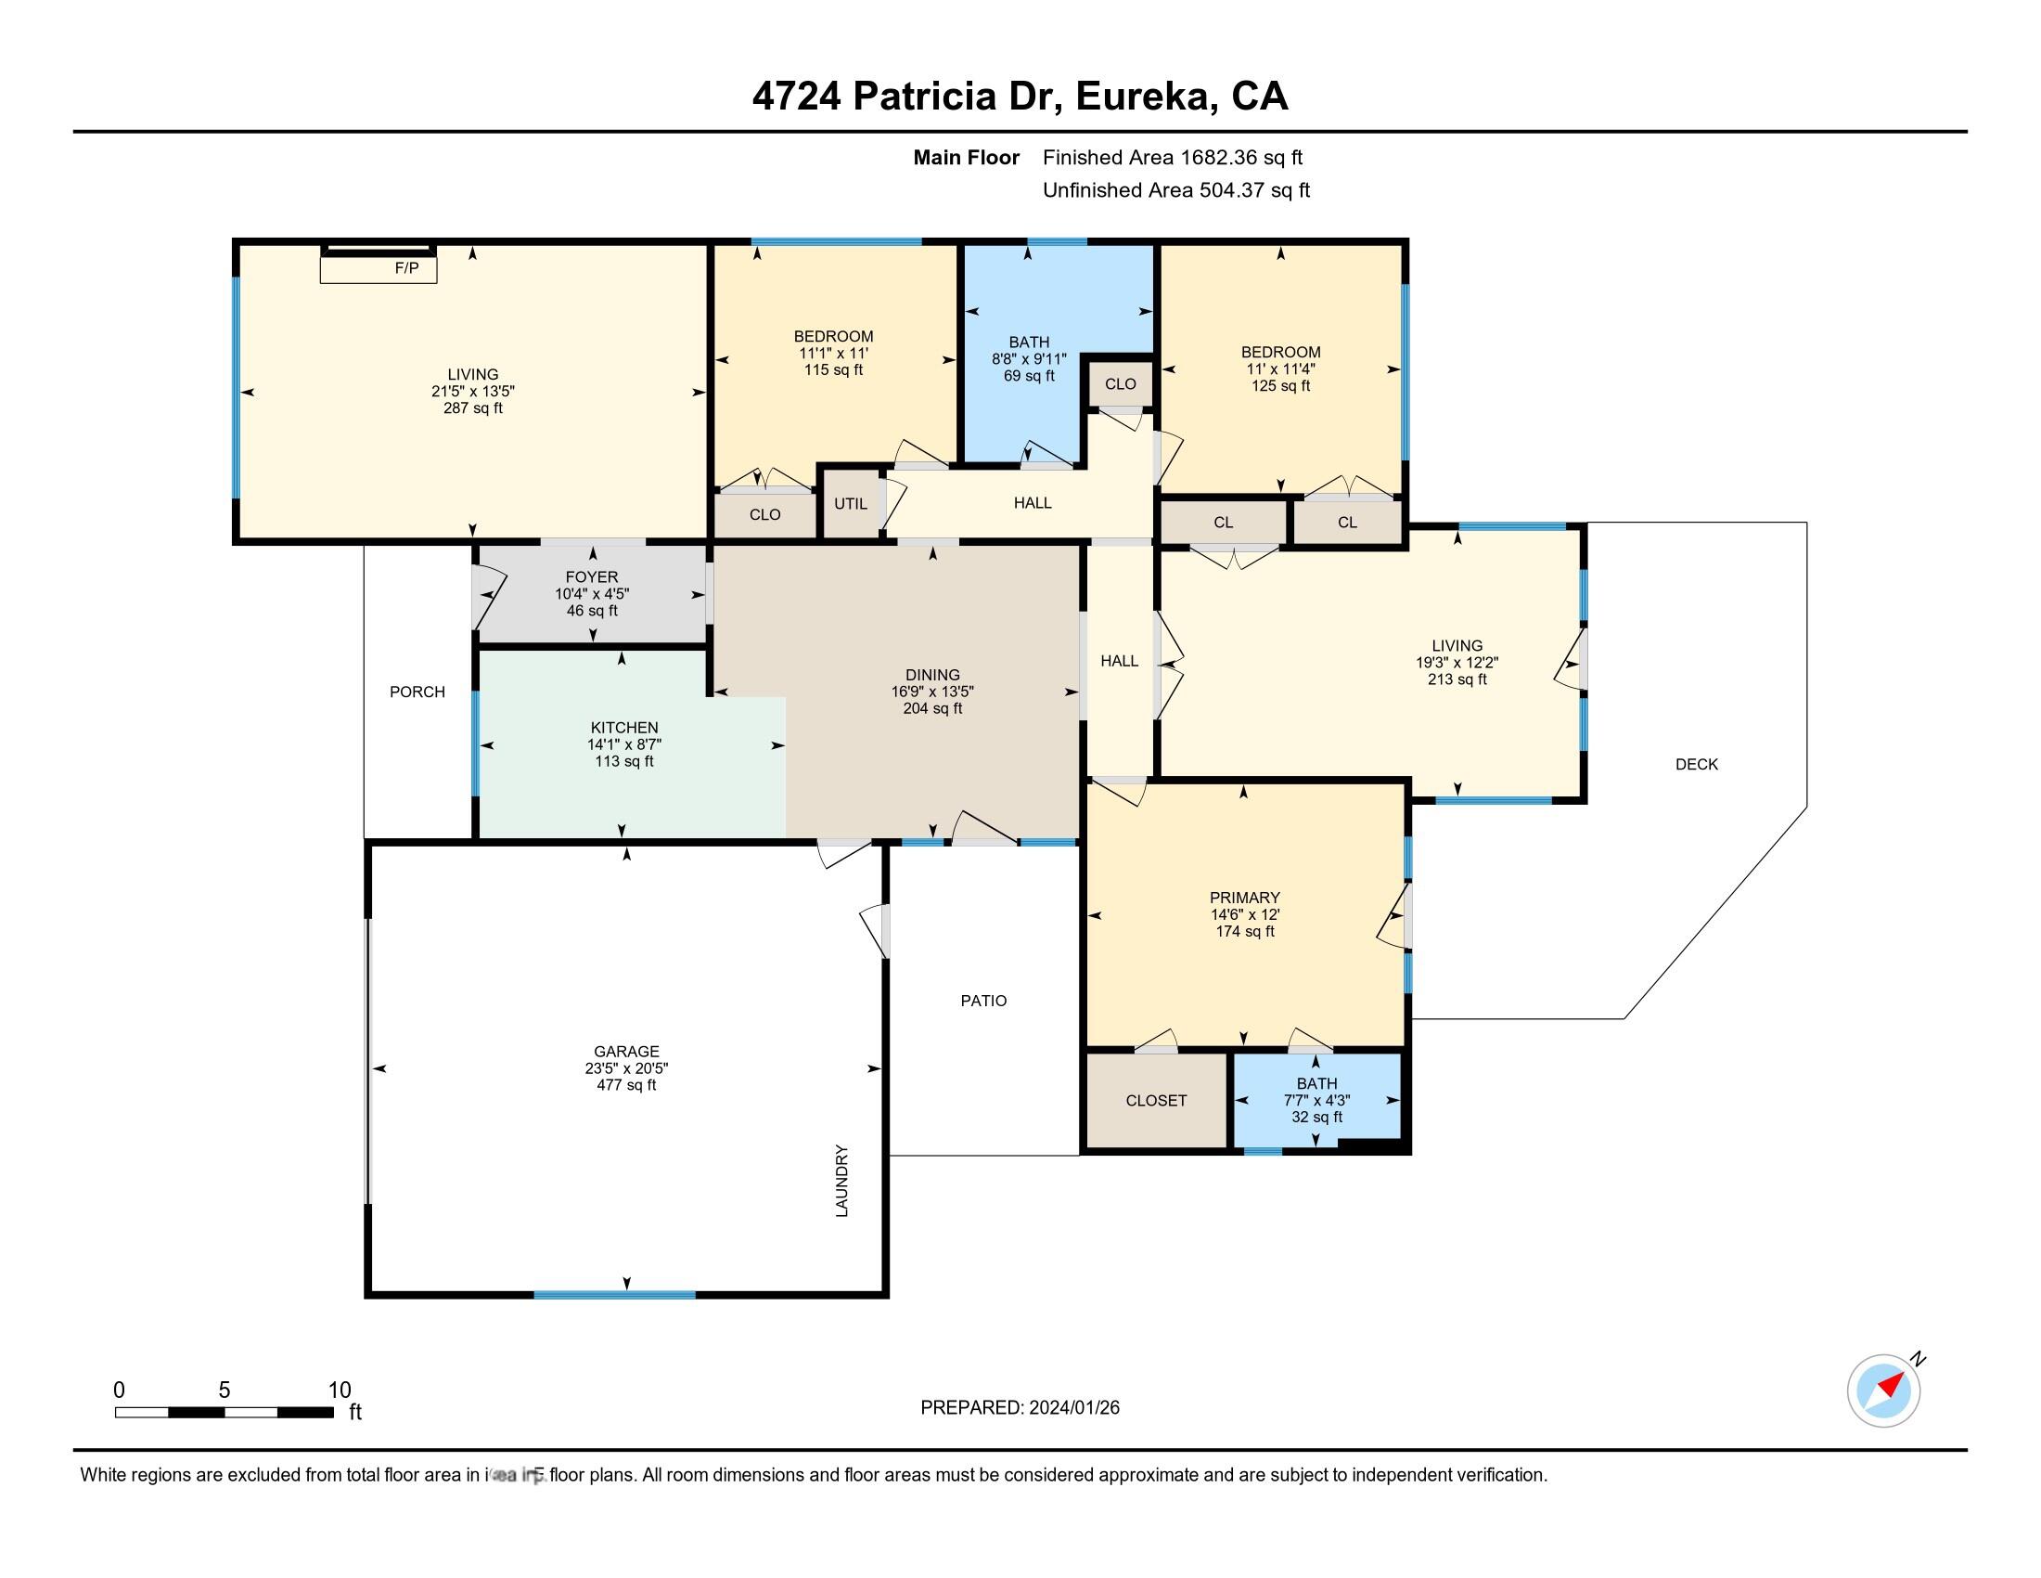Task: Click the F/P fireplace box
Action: point(379,268)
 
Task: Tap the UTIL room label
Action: point(851,504)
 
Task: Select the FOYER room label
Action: point(592,577)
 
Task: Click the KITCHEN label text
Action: point(624,728)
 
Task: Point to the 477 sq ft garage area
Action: point(626,1085)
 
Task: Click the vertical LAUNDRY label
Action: point(842,1181)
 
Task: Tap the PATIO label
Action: point(983,1002)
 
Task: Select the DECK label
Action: point(1696,765)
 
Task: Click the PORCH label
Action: point(417,692)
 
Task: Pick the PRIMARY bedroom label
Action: point(1244,898)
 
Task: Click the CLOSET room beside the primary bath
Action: point(1156,1101)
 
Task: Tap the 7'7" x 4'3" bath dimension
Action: point(1316,1101)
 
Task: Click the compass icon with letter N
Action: point(1884,1390)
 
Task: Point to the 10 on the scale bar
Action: point(340,1390)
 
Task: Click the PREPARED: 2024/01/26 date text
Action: point(1020,1408)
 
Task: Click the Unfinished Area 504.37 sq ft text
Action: point(1175,190)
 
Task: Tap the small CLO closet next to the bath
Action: point(1120,384)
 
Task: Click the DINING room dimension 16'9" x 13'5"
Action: point(931,692)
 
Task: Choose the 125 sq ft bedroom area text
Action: point(1280,385)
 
